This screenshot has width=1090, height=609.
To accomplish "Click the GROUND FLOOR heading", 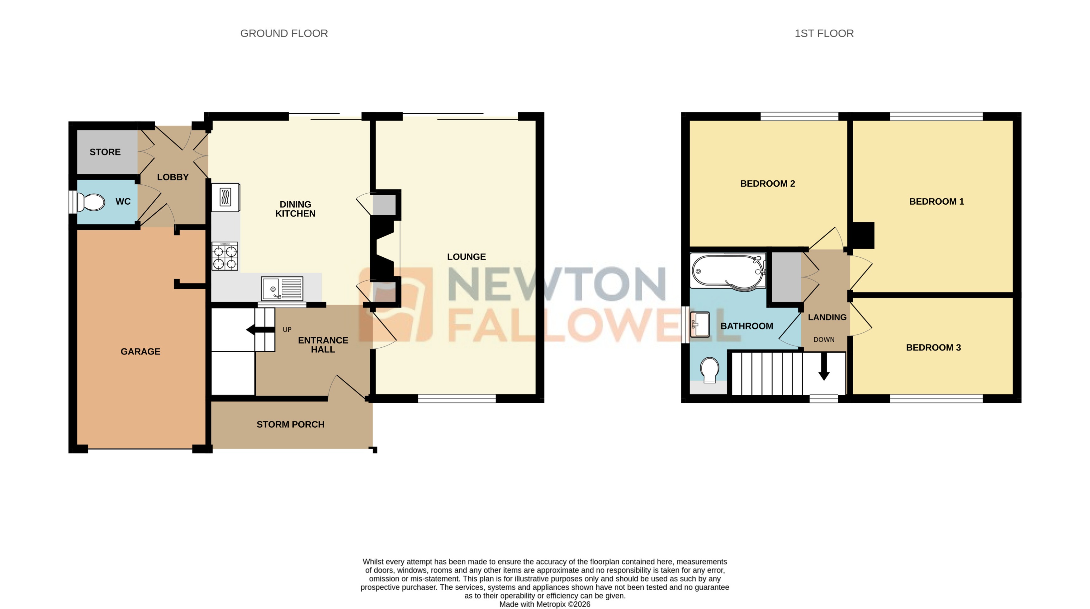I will [x=284, y=33].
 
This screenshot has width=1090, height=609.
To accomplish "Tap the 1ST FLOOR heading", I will [x=824, y=33].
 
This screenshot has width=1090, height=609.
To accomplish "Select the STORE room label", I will [x=105, y=152].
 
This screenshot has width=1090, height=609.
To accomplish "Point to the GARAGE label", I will [x=140, y=351].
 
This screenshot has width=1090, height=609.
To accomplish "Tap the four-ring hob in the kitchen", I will [x=225, y=256].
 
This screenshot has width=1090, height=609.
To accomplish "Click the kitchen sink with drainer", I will [x=282, y=289].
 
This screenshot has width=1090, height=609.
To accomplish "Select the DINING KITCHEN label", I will [x=295, y=209].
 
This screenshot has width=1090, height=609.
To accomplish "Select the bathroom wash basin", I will [x=700, y=325].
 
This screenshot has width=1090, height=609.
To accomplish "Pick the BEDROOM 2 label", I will [x=768, y=184].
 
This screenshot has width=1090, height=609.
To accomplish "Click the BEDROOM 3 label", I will [x=933, y=347].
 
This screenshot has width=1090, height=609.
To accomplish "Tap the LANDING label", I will [x=827, y=317].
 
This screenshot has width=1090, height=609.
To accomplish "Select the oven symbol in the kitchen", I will [x=225, y=197].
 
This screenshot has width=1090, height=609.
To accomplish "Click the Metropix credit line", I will [x=545, y=604].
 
